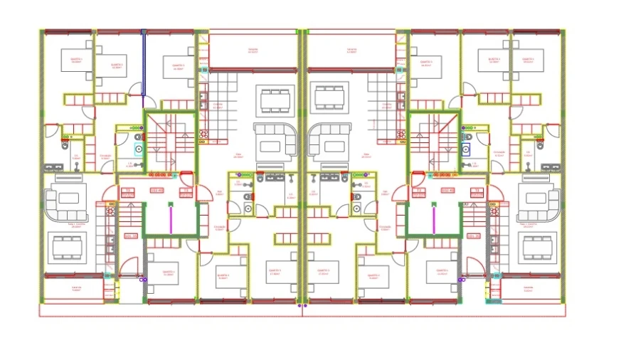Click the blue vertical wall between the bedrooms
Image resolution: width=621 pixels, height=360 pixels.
pyautogui.click(x=143, y=63)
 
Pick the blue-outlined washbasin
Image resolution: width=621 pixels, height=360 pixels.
pyautogui.click(x=465, y=149)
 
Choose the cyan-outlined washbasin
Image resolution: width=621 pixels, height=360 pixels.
pyautogui.click(x=139, y=149)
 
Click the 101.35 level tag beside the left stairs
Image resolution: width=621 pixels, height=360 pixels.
pyautogui.click(x=131, y=235)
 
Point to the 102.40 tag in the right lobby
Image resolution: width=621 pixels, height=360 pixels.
pyautogui.click(x=448, y=191)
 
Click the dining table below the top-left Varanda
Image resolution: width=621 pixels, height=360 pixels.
pyautogui.click(x=276, y=100)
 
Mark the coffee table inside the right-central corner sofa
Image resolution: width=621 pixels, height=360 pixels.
pyautogui.click(x=329, y=146)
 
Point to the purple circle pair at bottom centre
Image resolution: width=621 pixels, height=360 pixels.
pyautogui.click(x=302, y=305)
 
